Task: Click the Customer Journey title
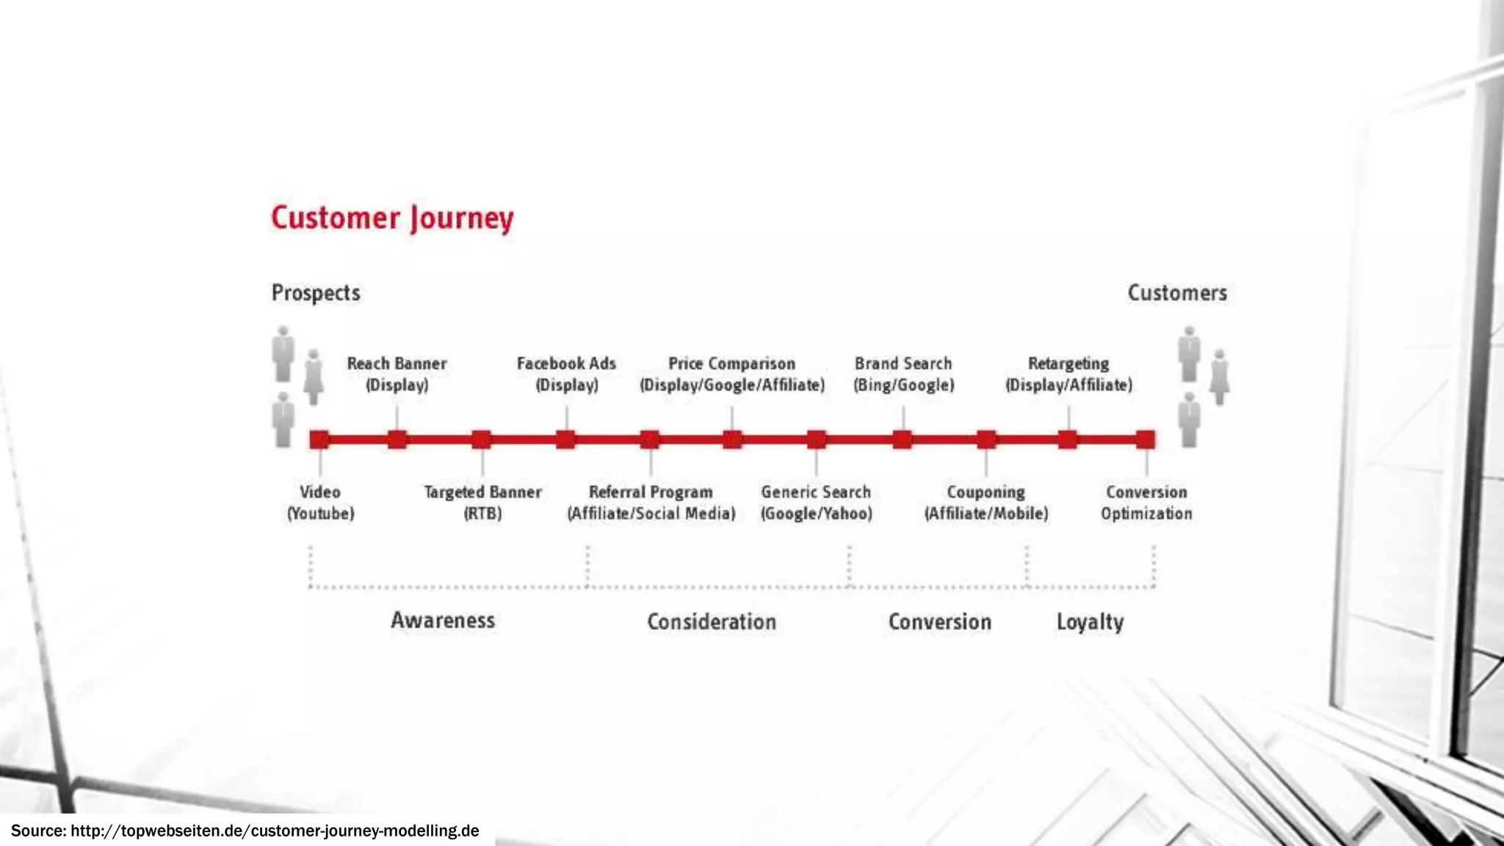click(392, 218)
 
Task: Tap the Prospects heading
click(316, 293)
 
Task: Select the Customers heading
click(1177, 293)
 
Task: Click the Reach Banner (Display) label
click(397, 374)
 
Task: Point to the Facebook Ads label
click(566, 374)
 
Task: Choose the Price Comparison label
click(731, 374)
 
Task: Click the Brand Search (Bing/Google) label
click(903, 374)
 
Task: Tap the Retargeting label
click(1069, 374)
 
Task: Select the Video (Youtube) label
click(320, 502)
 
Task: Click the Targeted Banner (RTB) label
click(482, 502)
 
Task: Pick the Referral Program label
click(651, 502)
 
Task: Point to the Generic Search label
click(816, 502)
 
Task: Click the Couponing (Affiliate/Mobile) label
click(986, 502)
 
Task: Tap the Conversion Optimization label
click(1146, 502)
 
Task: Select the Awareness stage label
click(443, 621)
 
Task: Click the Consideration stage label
click(711, 622)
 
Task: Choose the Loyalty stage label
click(1090, 622)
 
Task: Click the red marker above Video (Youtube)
click(319, 440)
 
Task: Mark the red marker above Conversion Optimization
click(1146, 440)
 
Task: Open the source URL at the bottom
click(275, 831)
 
